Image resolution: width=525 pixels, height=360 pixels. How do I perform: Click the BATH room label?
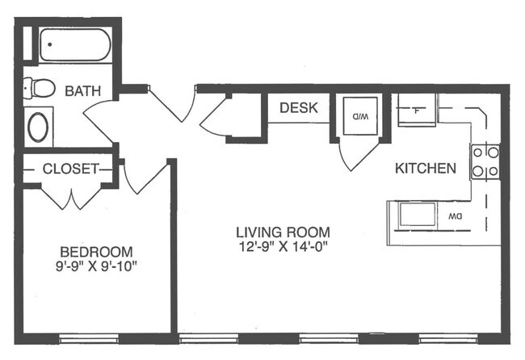click(x=82, y=91)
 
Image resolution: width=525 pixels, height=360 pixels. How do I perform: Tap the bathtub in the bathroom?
click(x=75, y=45)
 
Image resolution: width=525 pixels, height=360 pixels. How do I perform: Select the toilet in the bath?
click(x=40, y=88)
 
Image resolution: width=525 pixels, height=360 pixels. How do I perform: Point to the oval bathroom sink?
click(x=38, y=127)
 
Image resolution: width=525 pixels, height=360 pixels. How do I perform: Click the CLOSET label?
click(x=71, y=169)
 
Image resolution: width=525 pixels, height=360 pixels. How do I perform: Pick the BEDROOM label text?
click(x=96, y=252)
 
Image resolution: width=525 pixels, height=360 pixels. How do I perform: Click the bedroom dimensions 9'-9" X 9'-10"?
click(x=96, y=266)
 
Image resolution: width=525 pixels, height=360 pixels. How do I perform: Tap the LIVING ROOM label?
click(x=283, y=232)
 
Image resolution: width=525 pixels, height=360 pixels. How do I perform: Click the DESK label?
click(x=299, y=107)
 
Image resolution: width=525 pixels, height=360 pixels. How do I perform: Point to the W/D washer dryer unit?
click(x=360, y=116)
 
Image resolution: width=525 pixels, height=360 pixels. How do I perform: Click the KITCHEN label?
click(x=426, y=168)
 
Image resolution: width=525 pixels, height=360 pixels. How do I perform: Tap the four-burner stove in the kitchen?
click(x=485, y=162)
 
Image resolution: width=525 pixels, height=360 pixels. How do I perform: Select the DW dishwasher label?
click(x=456, y=217)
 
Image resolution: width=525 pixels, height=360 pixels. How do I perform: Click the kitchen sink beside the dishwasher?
click(x=418, y=214)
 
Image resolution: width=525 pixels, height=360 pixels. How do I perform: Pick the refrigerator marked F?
click(x=417, y=110)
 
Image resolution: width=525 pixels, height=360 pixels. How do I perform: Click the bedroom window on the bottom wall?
click(x=89, y=338)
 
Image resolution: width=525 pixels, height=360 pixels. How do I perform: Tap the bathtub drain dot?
click(x=49, y=44)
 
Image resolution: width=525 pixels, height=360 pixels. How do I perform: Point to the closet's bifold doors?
click(x=71, y=198)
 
